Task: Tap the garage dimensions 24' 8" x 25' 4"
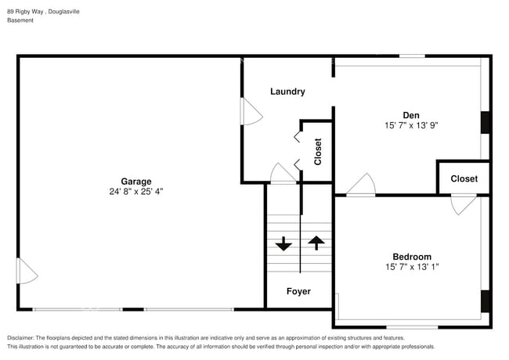[x=135, y=191]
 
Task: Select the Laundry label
[x=287, y=92]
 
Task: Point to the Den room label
[x=411, y=114]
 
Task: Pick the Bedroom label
[x=411, y=257]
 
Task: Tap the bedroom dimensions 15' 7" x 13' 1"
[x=411, y=267]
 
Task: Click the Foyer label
[x=298, y=291]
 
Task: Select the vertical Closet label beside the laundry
[x=318, y=152]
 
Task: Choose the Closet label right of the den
[x=464, y=178]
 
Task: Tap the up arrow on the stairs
[x=316, y=243]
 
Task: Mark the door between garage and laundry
[x=251, y=111]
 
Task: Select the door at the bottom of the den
[x=361, y=185]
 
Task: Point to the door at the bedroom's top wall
[x=463, y=204]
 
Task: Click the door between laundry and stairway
[x=283, y=174]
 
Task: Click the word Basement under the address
[x=21, y=20]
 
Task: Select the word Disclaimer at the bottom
[x=23, y=337]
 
